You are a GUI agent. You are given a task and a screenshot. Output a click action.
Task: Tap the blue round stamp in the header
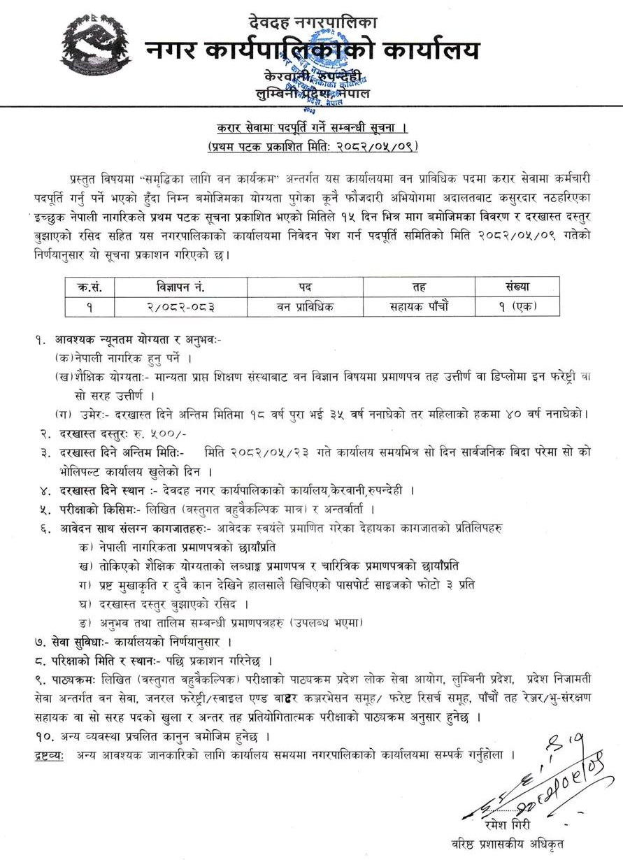[333, 66]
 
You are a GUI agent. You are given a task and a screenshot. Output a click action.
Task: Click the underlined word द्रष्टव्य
[50, 755]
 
